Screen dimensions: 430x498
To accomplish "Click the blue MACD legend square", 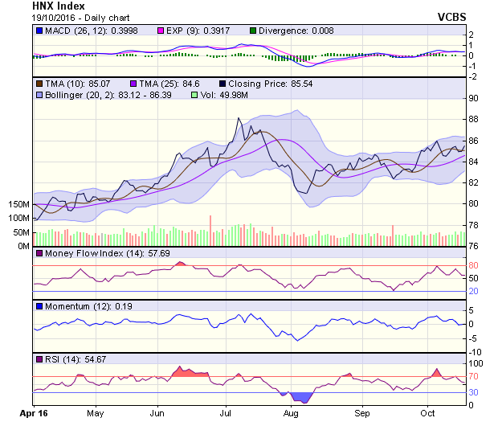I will (38, 31).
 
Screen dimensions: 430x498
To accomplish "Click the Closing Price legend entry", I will (258, 83).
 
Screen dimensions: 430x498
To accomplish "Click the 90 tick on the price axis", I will (474, 98).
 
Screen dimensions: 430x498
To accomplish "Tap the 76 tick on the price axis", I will (474, 246).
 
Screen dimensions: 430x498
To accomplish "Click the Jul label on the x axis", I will (226, 413).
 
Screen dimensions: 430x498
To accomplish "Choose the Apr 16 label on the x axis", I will (33, 413).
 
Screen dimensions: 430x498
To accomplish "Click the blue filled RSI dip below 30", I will (301, 397).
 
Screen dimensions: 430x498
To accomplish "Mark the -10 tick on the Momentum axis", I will (475, 352).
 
